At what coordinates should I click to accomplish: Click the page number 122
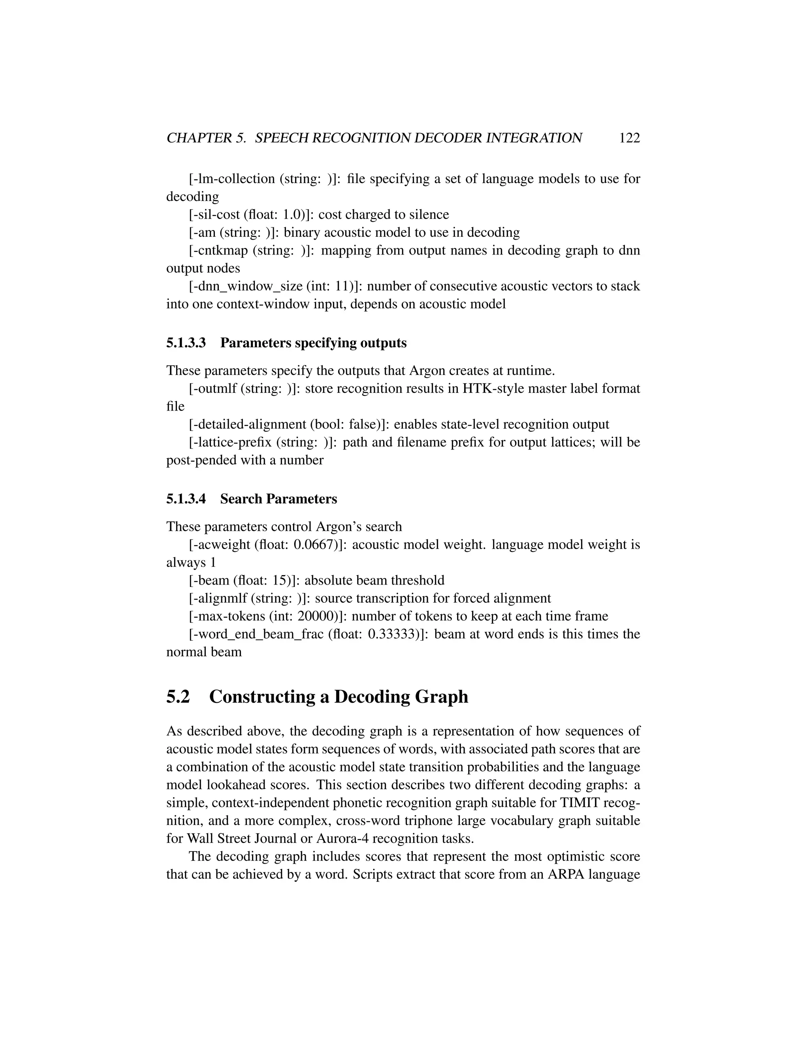[x=629, y=138]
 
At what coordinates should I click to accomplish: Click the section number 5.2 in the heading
[x=178, y=697]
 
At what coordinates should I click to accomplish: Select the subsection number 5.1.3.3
[x=186, y=343]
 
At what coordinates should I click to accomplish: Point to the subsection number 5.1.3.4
[x=186, y=499]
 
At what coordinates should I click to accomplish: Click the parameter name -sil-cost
[x=212, y=215]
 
